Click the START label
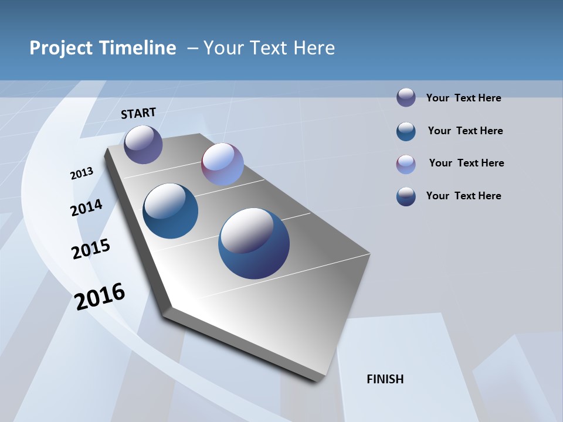tap(138, 113)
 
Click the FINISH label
tap(385, 379)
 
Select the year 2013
tap(82, 173)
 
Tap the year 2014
tap(86, 207)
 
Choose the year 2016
tap(100, 297)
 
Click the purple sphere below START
tap(143, 144)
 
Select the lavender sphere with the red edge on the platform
tap(222, 164)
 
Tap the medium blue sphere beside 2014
tap(170, 211)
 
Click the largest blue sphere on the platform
tap(254, 243)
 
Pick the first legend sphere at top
tap(406, 97)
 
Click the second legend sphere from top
tap(406, 131)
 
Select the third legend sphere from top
tap(406, 164)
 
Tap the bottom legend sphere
tap(406, 196)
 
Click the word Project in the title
tap(61, 48)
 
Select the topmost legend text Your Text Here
tap(463, 98)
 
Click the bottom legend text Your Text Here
tap(463, 196)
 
